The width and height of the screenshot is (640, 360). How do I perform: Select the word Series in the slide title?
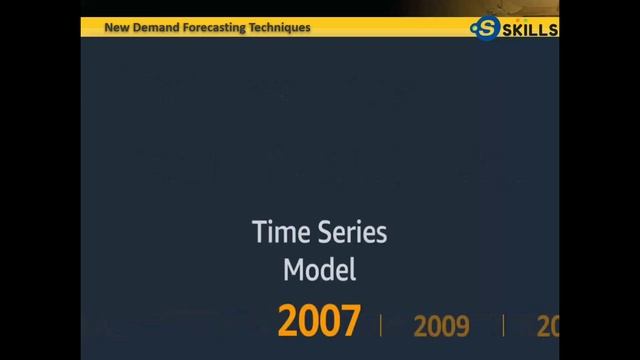click(x=351, y=234)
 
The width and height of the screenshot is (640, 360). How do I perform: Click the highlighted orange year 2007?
click(x=318, y=323)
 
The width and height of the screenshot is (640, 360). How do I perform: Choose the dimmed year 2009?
click(x=441, y=325)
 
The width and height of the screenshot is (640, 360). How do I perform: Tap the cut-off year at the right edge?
click(x=547, y=325)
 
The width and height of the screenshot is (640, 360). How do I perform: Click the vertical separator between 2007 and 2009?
click(x=381, y=325)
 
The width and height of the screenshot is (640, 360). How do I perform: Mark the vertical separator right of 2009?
click(x=503, y=325)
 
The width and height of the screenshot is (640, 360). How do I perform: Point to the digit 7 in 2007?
click(x=348, y=323)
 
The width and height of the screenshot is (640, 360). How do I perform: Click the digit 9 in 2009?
click(x=462, y=325)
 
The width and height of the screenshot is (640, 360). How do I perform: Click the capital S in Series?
click(x=326, y=234)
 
